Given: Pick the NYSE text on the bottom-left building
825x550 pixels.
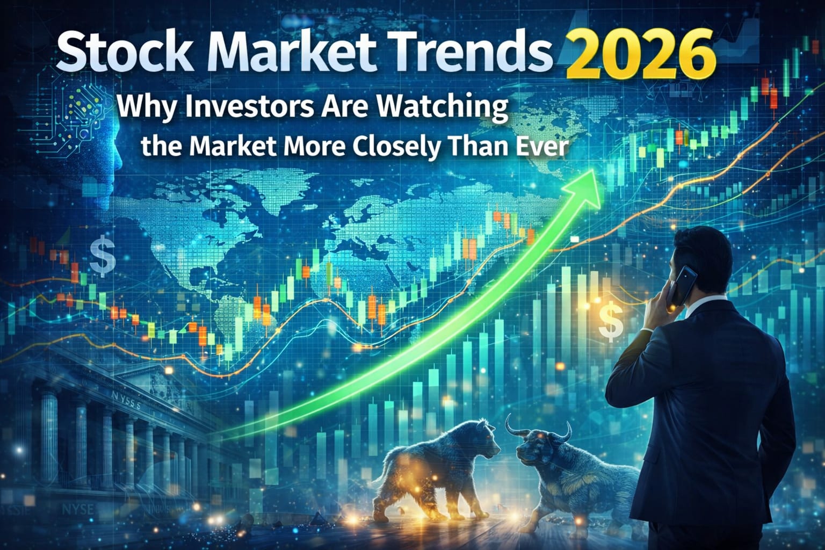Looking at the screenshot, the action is tap(77, 510).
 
